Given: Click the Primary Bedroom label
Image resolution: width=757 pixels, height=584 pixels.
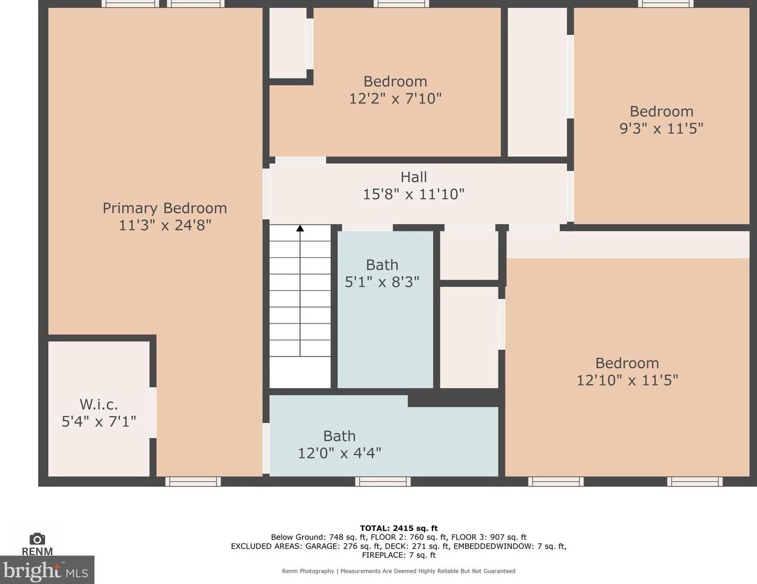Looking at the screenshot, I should click(164, 208).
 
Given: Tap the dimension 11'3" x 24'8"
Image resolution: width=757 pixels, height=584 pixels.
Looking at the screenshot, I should click(164, 225).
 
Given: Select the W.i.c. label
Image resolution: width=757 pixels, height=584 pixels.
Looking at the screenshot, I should click(98, 404).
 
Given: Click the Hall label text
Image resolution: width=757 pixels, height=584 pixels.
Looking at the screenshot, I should click(413, 177).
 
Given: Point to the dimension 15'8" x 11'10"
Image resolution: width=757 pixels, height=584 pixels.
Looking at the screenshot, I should click(413, 194).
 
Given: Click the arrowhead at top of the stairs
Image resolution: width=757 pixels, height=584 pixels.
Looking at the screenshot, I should click(300, 228).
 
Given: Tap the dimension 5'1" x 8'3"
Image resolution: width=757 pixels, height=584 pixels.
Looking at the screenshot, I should click(382, 282).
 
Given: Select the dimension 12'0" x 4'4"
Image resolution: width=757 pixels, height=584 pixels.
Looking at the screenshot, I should click(339, 453).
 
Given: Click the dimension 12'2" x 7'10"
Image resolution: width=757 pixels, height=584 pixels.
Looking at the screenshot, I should click(395, 98).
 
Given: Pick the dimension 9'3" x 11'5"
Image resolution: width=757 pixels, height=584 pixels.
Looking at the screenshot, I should click(661, 129).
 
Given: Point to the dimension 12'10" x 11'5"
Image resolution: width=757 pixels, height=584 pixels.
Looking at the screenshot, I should click(627, 380).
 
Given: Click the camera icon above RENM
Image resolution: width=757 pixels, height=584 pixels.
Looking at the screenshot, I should click(37, 539).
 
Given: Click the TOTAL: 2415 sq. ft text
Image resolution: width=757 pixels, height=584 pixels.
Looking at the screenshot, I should click(398, 528).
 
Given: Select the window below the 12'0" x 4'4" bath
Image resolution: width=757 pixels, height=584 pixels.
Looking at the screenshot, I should click(383, 482).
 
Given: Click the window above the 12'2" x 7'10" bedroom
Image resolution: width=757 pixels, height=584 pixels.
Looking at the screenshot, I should click(401, 4).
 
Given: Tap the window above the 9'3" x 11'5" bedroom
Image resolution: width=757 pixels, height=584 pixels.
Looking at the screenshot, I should click(666, 4).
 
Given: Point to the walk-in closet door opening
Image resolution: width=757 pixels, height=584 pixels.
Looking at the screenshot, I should click(153, 412).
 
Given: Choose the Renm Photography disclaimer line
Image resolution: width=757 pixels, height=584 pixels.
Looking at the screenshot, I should click(398, 571).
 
